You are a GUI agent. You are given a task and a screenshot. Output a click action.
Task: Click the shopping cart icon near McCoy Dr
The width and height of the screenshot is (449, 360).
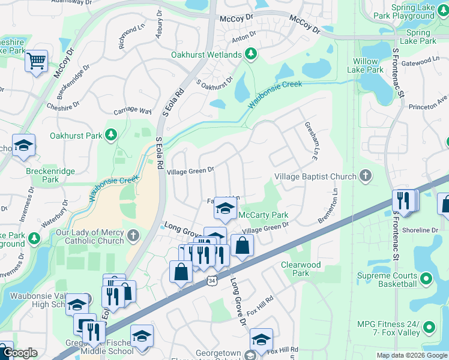click(36, 61)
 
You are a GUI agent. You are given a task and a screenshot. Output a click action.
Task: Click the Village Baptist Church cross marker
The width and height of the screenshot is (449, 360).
click(364, 176)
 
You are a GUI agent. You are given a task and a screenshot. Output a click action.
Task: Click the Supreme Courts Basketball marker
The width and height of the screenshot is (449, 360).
click(426, 279)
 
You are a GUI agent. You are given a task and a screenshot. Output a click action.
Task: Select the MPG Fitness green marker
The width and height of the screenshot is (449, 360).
click(429, 328)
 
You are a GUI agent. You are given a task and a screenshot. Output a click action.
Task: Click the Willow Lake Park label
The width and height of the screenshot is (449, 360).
click(368, 65)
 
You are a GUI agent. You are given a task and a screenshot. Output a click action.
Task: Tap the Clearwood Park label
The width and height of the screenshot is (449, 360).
click(301, 269)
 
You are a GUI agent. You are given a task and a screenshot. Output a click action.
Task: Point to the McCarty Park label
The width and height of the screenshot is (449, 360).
click(264, 215)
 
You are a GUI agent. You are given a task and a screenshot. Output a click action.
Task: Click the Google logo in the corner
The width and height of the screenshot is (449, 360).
click(20, 353)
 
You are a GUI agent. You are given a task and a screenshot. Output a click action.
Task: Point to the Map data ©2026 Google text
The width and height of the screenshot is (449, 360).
click(411, 355)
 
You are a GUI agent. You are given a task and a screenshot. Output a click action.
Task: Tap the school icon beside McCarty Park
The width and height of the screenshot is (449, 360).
click(226, 208)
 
